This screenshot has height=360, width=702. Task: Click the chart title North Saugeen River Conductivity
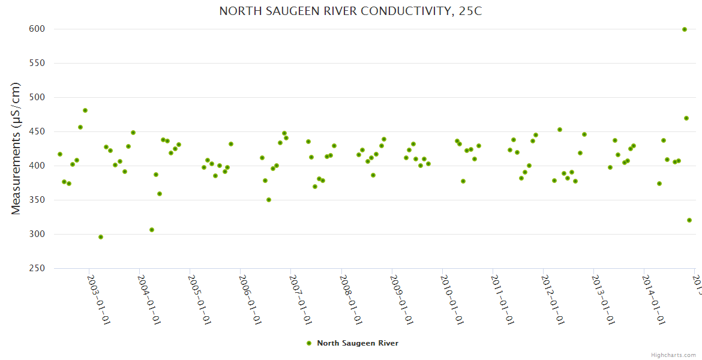pos(350,11)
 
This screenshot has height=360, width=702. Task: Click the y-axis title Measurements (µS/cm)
pos(16,148)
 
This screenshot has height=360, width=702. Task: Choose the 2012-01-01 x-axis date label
pos(553,300)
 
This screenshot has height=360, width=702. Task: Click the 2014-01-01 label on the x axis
pos(653,300)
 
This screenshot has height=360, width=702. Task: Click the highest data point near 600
pos(685,29)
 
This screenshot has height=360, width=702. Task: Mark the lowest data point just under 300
pos(101,237)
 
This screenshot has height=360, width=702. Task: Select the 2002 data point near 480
pos(85,110)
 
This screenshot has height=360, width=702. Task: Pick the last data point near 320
pos(689,220)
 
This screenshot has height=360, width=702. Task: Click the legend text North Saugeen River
pos(358,343)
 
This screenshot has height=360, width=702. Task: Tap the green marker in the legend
pos(309,343)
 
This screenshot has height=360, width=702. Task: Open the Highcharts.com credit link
pos(674,355)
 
